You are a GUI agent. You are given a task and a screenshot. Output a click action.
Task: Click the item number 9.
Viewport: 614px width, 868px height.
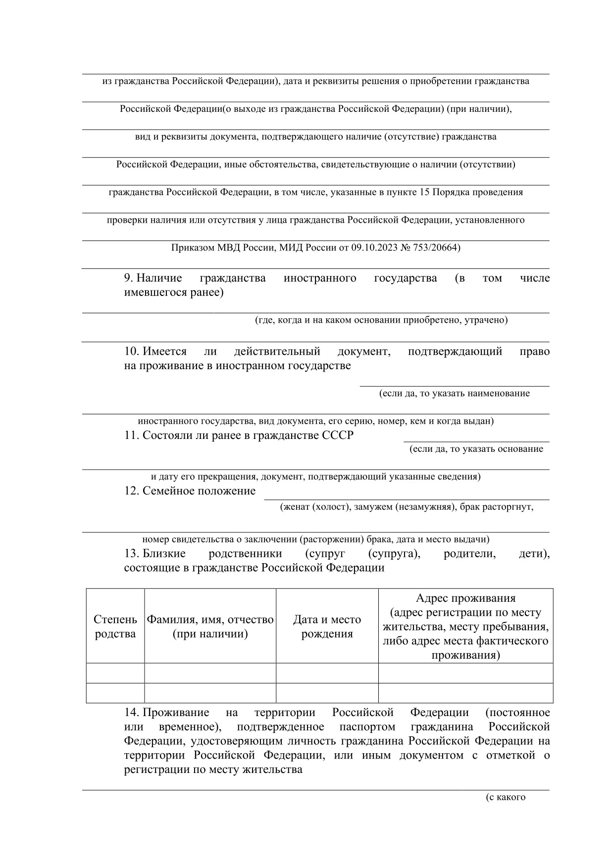coord(128,278)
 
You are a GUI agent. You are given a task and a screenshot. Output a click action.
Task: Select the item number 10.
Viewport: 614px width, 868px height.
coord(131,351)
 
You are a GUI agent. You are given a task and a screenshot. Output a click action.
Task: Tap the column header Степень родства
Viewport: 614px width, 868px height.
coord(115,627)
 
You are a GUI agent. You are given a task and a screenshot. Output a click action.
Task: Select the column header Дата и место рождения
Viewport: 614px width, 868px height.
coord(327,627)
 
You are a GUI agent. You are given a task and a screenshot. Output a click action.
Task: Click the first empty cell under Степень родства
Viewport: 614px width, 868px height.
coord(115,673)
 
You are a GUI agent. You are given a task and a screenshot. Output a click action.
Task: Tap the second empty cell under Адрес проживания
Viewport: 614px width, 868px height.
coord(465,693)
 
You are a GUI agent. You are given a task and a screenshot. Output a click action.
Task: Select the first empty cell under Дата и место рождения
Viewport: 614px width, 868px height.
coord(327,673)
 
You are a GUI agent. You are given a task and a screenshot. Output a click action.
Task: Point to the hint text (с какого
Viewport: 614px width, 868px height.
coord(505,797)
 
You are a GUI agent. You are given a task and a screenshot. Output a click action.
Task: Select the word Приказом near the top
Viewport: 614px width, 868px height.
coord(193,247)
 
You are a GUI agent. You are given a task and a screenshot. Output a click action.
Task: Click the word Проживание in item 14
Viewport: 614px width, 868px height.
coord(175,713)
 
